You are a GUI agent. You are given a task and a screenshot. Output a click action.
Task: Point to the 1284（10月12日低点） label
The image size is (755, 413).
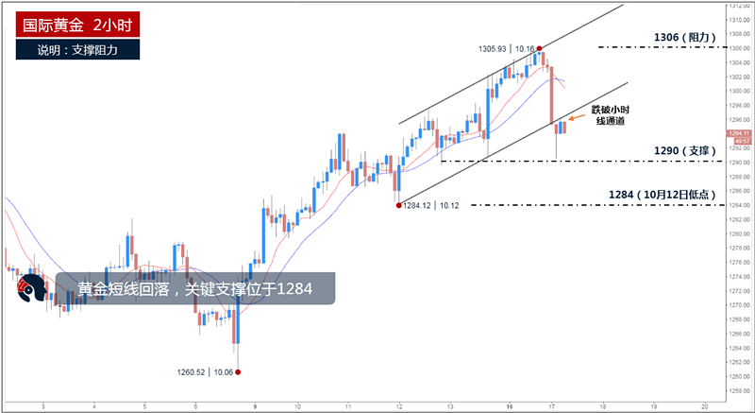tap(671, 195)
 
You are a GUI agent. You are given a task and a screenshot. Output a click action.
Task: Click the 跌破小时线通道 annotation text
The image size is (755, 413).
tap(609, 115)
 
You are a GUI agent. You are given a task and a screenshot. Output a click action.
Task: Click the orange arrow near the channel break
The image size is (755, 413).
tap(574, 118)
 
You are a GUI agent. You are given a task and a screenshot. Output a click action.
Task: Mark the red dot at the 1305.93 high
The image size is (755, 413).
tap(539, 47)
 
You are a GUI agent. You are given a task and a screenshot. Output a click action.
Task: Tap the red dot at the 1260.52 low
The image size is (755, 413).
tap(237, 371)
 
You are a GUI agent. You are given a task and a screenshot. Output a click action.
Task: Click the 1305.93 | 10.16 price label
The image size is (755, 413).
tap(506, 47)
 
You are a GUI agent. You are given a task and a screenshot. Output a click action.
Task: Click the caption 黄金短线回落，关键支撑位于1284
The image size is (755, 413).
tap(194, 288)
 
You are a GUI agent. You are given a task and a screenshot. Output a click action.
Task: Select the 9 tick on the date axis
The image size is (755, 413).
tap(244, 404)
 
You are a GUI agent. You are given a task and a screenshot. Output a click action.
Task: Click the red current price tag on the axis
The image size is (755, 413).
tap(739, 134)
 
